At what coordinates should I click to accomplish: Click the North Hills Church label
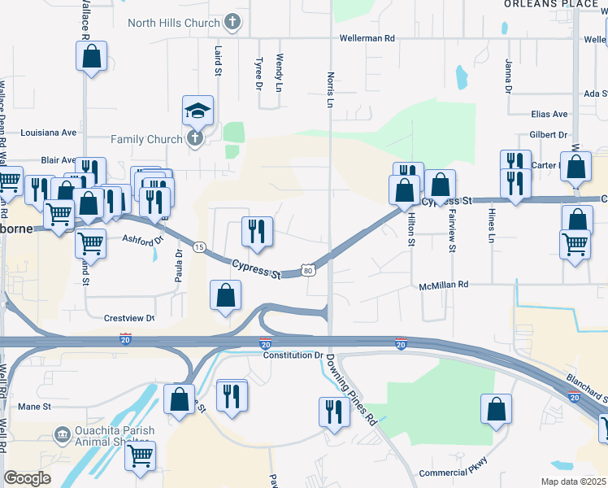click(173, 22)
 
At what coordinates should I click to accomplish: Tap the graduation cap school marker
click(197, 110)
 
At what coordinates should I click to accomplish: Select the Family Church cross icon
click(194, 138)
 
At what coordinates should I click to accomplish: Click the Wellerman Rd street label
click(367, 38)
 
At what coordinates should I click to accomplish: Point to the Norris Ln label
click(331, 89)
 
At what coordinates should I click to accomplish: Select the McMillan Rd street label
click(445, 285)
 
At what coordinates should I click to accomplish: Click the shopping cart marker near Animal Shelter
click(140, 455)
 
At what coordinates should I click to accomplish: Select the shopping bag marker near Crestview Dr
click(225, 296)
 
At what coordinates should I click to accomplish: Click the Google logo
click(27, 478)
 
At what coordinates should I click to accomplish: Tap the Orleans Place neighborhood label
click(550, 4)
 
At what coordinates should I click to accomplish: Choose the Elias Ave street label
click(549, 115)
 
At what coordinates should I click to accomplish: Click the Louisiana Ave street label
click(48, 132)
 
